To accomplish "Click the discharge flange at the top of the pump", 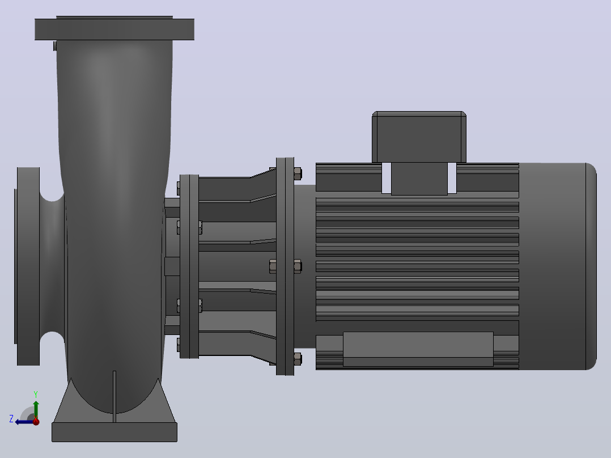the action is [x=114, y=29].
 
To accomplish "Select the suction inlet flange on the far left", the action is [x=28, y=266].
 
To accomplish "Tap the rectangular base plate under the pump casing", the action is [x=114, y=432].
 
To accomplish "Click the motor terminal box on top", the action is [x=419, y=137].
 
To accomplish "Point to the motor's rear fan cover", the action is [x=558, y=266].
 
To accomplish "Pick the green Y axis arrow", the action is [x=36, y=409].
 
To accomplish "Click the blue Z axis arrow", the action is [x=24, y=422].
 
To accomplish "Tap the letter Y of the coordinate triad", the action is [x=36, y=394].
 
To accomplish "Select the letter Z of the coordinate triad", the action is [x=11, y=419].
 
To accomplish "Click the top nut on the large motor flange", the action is [x=298, y=173].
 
